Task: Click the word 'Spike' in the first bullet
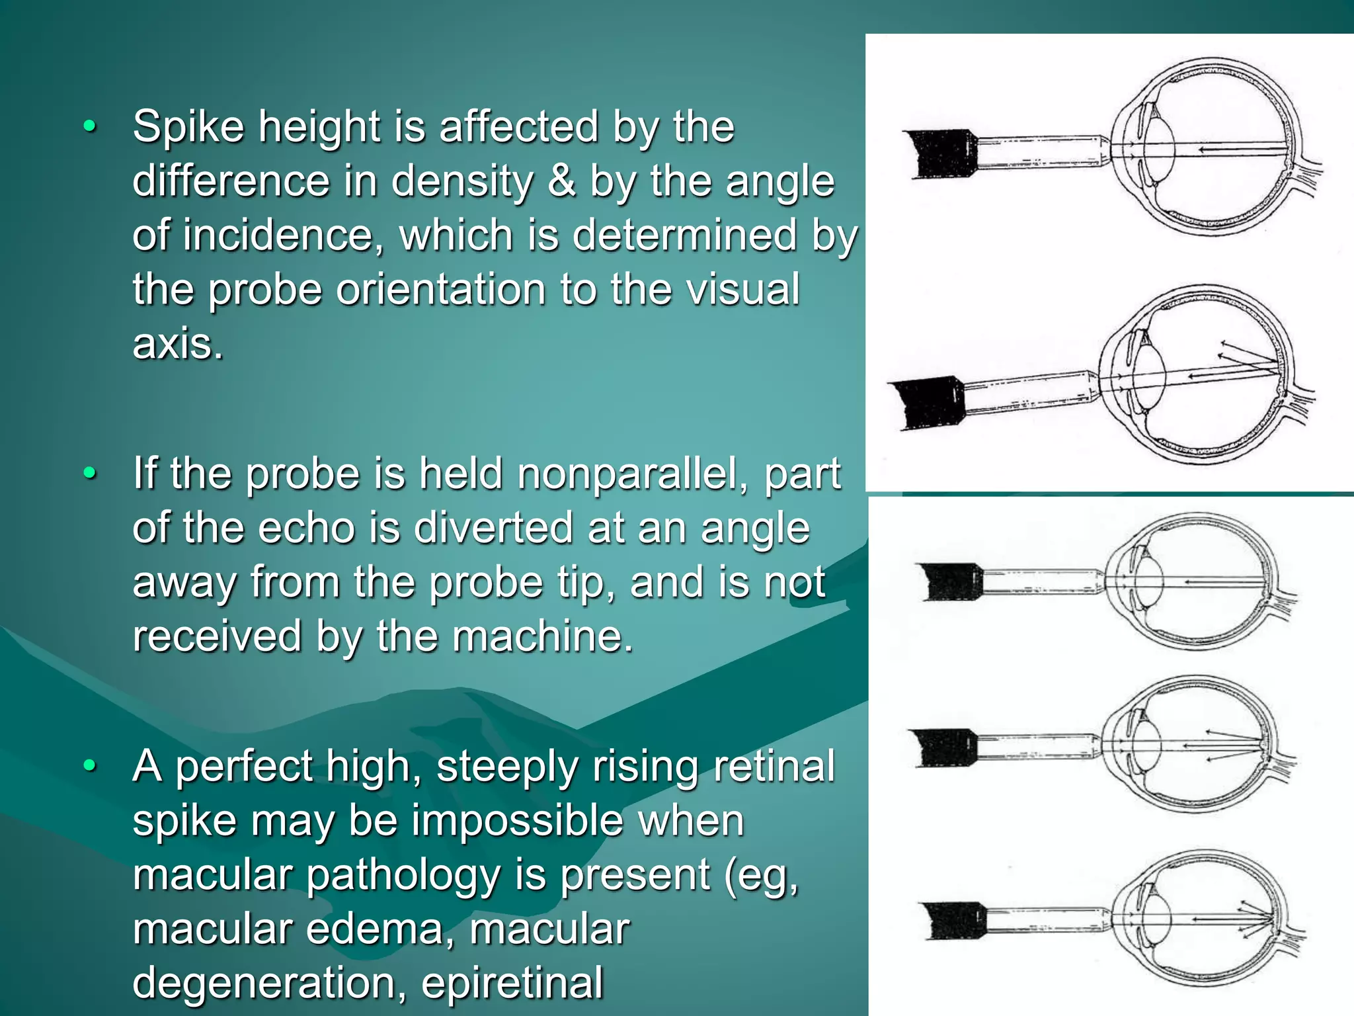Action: click(x=188, y=127)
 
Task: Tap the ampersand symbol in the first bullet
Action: click(x=561, y=181)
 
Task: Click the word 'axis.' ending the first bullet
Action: click(x=177, y=344)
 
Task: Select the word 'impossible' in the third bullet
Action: click(x=519, y=822)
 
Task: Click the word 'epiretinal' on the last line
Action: click(x=512, y=983)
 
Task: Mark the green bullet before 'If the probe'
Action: click(x=91, y=474)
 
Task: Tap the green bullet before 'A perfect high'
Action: click(x=91, y=767)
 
